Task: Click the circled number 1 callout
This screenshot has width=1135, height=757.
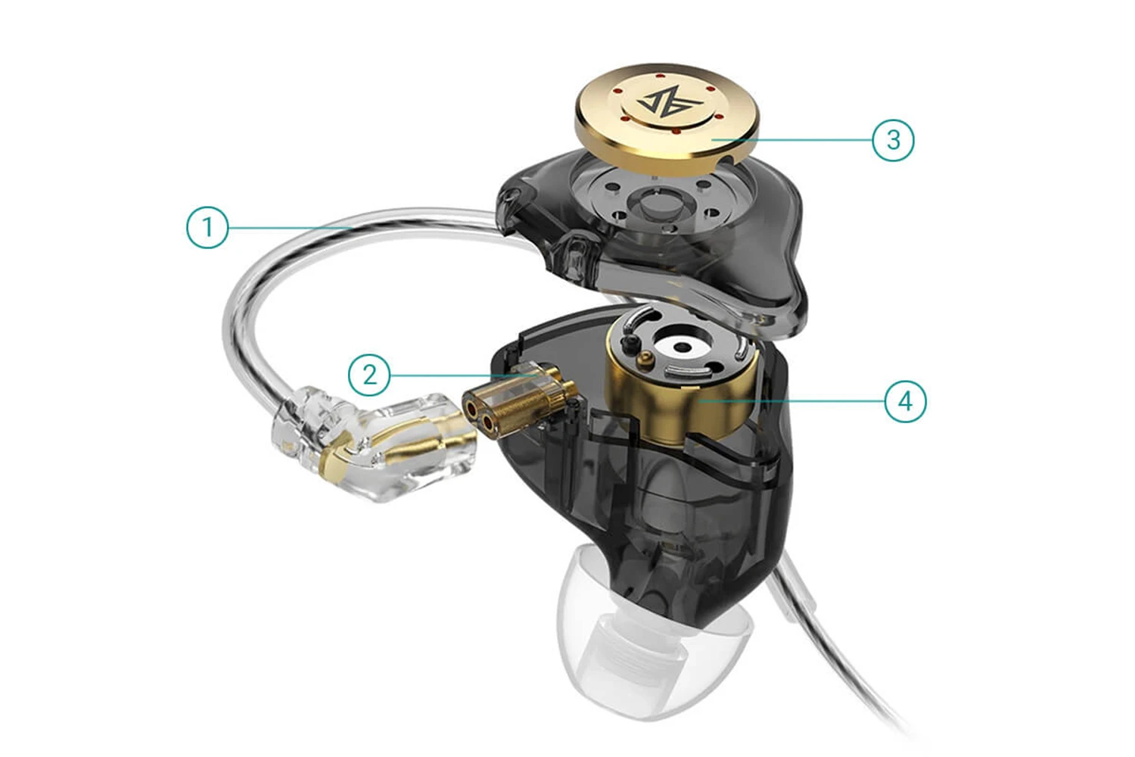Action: [207, 228]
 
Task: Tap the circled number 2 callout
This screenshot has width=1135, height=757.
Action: [369, 375]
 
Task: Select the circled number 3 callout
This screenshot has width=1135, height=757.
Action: [894, 140]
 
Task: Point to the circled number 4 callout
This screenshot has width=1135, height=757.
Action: [906, 401]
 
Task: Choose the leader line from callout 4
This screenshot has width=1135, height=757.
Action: [791, 401]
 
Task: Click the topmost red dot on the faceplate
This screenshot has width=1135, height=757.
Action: [661, 76]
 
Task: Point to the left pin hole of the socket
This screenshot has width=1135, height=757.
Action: [472, 409]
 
